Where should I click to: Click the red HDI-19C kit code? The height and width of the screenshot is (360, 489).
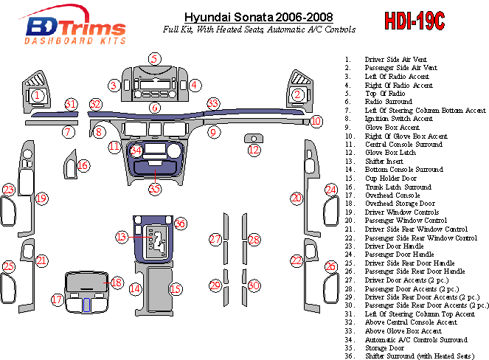tap(415, 21)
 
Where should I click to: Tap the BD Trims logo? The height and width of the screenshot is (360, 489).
tap(74, 24)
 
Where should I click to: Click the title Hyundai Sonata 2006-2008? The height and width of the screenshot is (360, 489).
tap(259, 17)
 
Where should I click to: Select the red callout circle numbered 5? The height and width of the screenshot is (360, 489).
tap(154, 59)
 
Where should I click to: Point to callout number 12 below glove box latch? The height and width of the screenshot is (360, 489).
tap(254, 150)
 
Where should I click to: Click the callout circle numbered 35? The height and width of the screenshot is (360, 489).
tap(155, 189)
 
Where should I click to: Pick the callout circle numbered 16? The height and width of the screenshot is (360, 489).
tap(83, 165)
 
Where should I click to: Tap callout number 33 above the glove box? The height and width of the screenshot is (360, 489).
tap(213, 103)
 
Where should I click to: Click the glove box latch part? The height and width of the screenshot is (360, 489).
tap(254, 138)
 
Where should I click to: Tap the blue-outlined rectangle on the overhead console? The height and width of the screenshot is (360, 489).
tap(87, 305)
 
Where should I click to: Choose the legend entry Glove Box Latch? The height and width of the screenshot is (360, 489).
tap(390, 153)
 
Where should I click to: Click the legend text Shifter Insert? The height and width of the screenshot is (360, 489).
tap(384, 161)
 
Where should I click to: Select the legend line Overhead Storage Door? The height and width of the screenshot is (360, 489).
tap(400, 204)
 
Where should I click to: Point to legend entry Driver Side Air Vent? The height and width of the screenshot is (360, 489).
tap(396, 59)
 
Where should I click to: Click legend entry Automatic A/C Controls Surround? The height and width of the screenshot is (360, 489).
tap(416, 339)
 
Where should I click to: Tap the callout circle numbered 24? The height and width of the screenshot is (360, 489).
tap(331, 190)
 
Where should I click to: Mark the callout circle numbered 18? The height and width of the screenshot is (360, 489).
tap(117, 283)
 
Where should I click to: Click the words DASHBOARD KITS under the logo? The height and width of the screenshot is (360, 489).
tap(74, 41)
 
